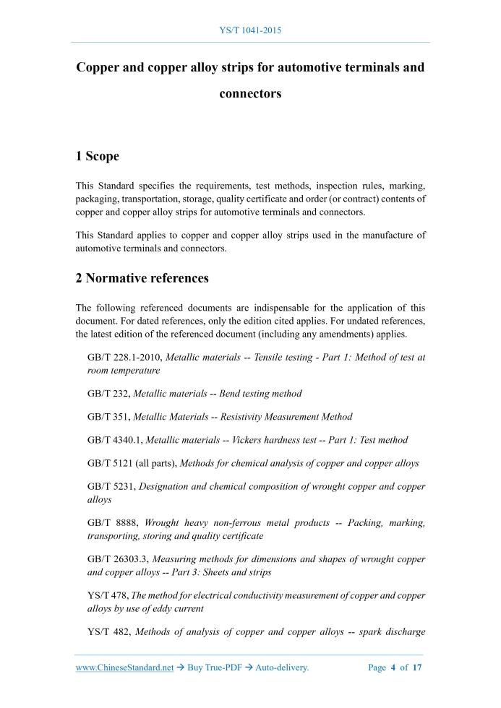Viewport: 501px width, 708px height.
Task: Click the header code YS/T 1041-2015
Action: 250,30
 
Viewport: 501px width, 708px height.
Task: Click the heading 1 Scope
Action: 98,156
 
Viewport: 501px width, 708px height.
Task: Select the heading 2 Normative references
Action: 142,277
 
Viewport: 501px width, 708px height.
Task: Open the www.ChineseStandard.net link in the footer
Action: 124,668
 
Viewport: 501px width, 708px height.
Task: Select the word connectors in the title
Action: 250,93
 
